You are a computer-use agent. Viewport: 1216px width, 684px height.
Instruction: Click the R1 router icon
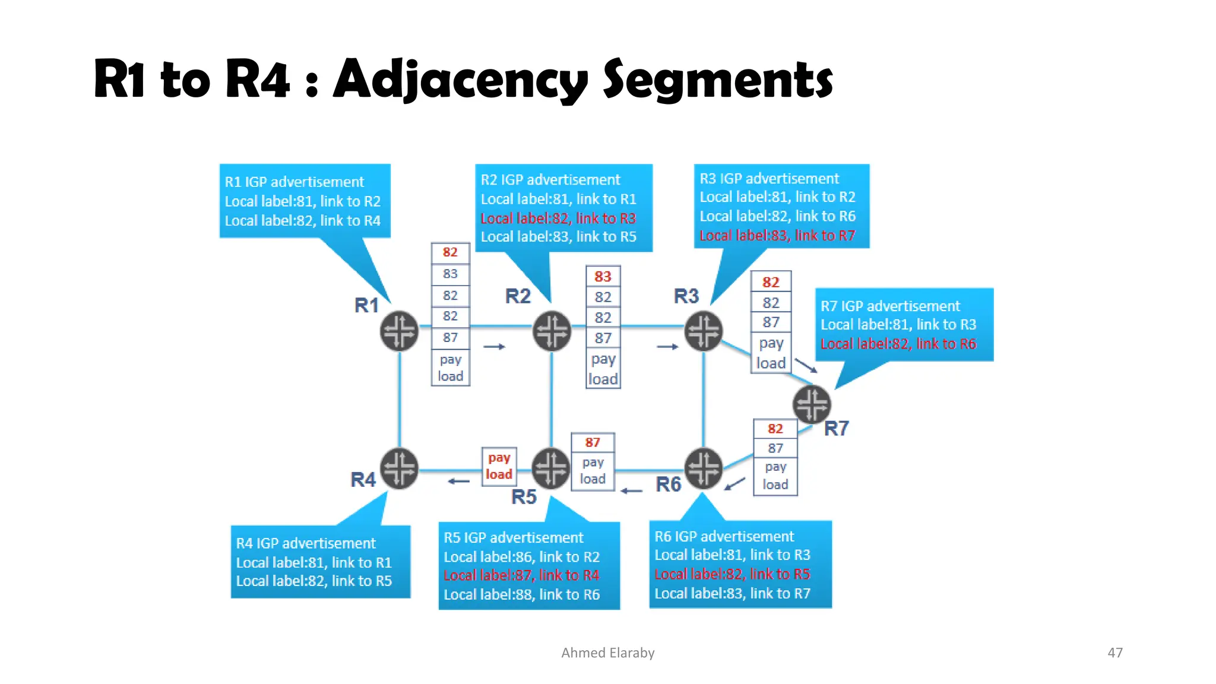(x=399, y=331)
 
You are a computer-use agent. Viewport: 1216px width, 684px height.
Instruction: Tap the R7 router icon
(x=811, y=405)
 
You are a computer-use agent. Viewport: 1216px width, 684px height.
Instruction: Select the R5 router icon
(x=551, y=468)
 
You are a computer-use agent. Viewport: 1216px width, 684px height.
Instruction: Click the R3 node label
(x=686, y=296)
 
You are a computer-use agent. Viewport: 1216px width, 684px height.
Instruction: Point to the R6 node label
(x=668, y=484)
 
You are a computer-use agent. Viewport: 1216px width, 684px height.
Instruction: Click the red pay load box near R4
(x=499, y=466)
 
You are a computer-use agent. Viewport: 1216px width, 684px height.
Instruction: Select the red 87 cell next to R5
(x=593, y=442)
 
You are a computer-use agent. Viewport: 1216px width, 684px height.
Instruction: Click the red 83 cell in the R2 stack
(x=603, y=277)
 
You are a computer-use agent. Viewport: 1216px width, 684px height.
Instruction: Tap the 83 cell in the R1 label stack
(x=450, y=274)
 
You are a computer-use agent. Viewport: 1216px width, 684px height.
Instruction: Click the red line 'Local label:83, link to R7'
(x=777, y=236)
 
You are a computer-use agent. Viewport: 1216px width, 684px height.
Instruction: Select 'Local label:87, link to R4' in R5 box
(x=521, y=575)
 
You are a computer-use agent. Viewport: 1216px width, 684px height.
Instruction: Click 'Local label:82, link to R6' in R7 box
(x=898, y=344)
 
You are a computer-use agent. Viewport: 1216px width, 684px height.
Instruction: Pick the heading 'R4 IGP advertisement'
(x=305, y=543)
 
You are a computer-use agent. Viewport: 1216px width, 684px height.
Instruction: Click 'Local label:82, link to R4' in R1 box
(x=302, y=221)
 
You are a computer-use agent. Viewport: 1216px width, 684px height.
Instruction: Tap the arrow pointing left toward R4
(x=458, y=482)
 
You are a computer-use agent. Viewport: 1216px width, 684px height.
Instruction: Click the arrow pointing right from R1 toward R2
(x=494, y=346)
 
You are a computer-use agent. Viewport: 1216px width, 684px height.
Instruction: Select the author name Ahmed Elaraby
(x=607, y=653)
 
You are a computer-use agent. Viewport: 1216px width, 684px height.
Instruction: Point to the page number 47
(x=1114, y=653)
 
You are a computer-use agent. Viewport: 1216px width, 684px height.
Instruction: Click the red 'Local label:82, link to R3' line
(x=558, y=218)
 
